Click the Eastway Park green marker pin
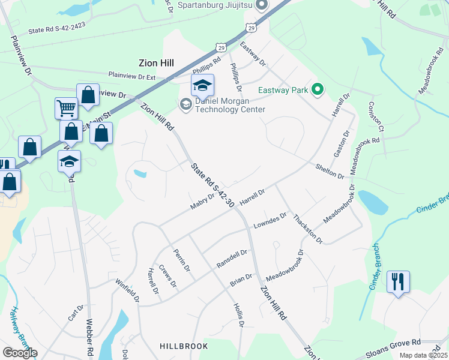pos(316,91)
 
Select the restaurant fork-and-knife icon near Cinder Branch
pos(398,281)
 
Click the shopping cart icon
pos(66,109)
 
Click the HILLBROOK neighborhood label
pos(184,346)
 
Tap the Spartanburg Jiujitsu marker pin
pos(261,6)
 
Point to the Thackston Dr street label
pos(308,229)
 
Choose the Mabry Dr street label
pos(202,201)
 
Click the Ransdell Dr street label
pos(232,259)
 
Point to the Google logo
pos(20,353)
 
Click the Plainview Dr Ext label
pos(132,75)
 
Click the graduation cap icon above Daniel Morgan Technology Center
pos(202,86)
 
